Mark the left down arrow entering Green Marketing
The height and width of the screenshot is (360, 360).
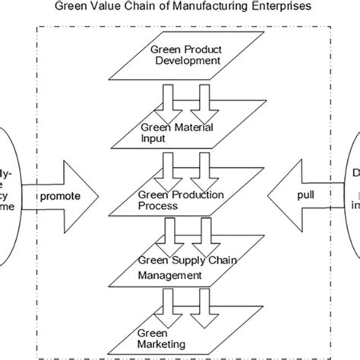point(165,311)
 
